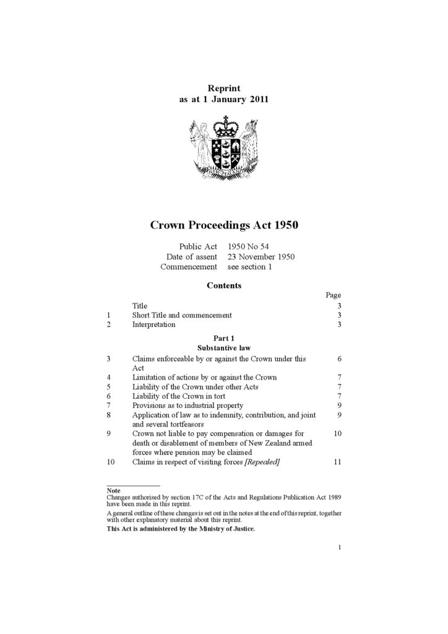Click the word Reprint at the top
[223, 89]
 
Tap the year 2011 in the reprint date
[259, 100]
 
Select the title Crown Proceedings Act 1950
[224, 225]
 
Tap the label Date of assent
[191, 257]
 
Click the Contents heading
[223, 285]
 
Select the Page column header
[333, 295]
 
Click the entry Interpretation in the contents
[153, 324]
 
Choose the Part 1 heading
[223, 338]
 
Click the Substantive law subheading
[223, 348]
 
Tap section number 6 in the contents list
[109, 396]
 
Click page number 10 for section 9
[337, 433]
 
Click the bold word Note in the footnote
[113, 490]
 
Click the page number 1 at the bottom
[340, 547]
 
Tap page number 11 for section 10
[337, 462]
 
